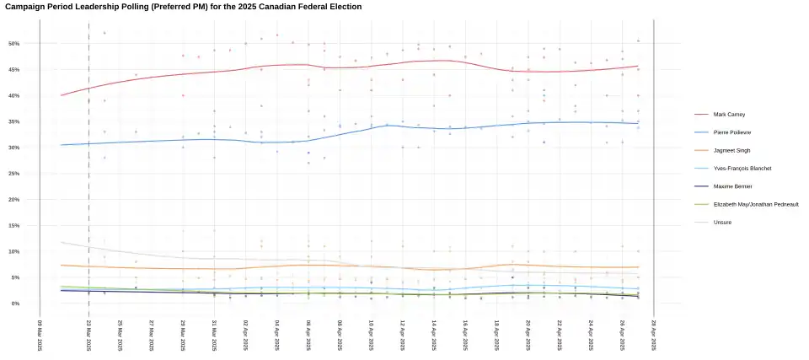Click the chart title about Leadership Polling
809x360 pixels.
(183, 7)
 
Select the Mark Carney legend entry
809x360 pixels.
(730, 114)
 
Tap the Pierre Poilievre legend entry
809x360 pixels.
(732, 132)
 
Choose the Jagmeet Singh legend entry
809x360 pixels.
(731, 150)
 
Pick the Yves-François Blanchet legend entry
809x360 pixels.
(742, 168)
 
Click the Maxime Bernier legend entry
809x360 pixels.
(732, 185)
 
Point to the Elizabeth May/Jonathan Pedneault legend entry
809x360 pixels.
(755, 204)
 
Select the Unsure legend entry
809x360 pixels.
(722, 222)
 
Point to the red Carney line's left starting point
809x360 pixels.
(62, 95)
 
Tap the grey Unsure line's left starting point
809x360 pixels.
(62, 243)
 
